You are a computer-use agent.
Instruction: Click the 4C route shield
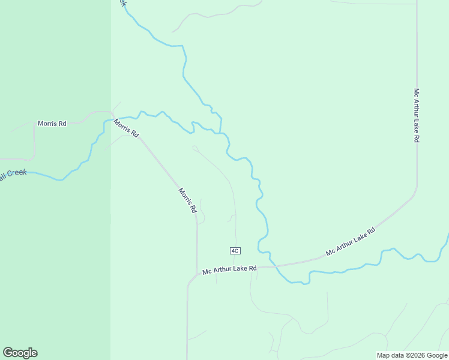tap(235, 250)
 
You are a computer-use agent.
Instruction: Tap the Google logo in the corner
tap(20, 353)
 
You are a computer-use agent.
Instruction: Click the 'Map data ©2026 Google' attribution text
tap(412, 355)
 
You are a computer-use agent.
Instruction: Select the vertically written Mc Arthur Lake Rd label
tap(416, 115)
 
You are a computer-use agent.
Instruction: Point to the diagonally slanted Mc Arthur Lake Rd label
tap(351, 242)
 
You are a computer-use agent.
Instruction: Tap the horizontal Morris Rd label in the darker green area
tap(52, 123)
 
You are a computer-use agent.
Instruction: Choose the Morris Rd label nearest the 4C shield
tap(187, 200)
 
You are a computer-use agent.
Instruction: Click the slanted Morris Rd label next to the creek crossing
tap(126, 128)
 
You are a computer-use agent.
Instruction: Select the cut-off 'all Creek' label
tap(13, 174)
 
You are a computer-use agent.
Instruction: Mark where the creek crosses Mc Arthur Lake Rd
tap(271, 263)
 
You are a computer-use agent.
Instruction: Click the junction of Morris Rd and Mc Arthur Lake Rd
tap(197, 274)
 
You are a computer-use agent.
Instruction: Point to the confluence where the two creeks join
tap(220, 132)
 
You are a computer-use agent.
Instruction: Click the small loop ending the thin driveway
tap(195, 148)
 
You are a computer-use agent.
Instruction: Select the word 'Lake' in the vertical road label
tap(416, 121)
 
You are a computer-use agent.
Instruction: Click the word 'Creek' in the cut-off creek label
tap(17, 173)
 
